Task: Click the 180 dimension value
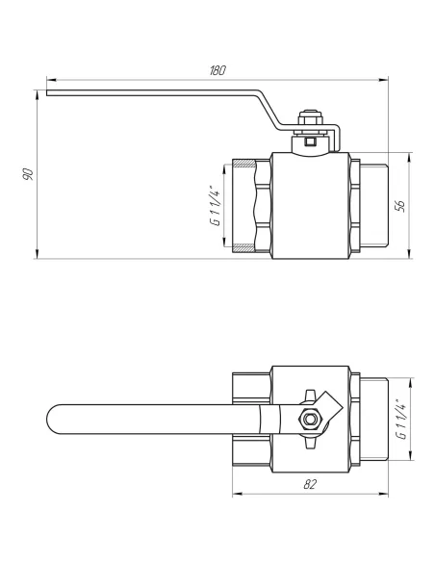(217, 70)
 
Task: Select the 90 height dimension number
(28, 173)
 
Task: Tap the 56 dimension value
(400, 206)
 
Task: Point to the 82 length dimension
(310, 484)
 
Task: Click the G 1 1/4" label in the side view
(216, 206)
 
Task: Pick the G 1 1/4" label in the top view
(401, 419)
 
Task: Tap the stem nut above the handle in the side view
(311, 118)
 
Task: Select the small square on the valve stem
(309, 141)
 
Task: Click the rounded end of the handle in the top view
(52, 419)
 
